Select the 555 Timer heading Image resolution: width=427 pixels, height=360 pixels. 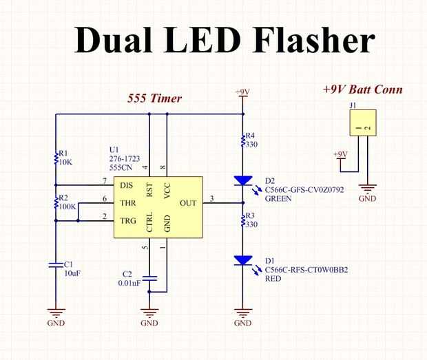(154, 98)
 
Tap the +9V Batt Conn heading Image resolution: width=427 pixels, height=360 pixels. (362, 89)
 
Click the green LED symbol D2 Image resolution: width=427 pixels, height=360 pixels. (243, 181)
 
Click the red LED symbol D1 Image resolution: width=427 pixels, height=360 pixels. (243, 261)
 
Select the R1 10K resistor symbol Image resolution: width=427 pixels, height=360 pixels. (56, 158)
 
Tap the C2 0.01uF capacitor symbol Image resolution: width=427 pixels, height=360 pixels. (149, 278)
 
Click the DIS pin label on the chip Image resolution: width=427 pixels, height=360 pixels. (127, 185)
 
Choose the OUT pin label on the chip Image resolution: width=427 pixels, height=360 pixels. (188, 203)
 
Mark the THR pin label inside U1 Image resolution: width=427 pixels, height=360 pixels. (127, 203)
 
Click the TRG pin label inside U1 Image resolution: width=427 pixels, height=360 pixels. (127, 221)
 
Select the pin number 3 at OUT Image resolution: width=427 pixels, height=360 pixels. (212, 199)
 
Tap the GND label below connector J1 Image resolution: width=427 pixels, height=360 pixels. (368, 199)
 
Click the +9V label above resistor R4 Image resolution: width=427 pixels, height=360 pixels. (243, 92)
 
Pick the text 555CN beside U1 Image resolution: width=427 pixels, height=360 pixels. (121, 167)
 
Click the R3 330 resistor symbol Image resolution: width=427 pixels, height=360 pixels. (243, 220)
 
